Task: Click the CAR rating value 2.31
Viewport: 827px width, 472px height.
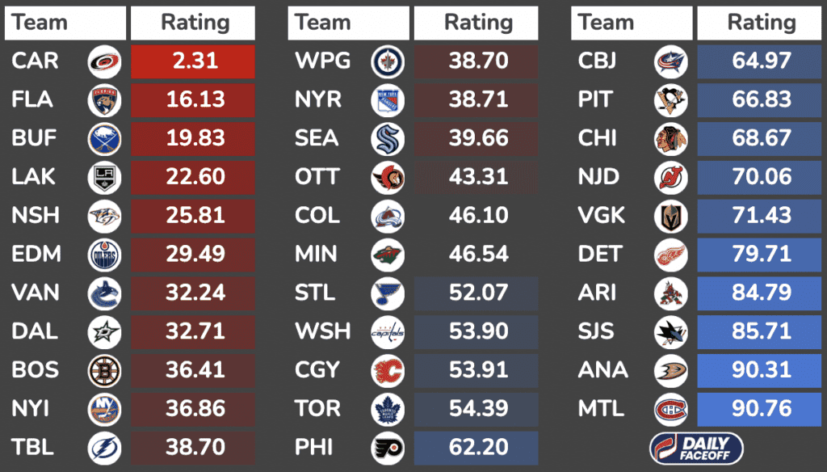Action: [194, 61]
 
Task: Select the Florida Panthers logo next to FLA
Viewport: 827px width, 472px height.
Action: [104, 100]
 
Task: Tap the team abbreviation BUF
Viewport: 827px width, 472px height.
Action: [34, 138]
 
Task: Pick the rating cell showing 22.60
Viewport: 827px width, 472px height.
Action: [194, 177]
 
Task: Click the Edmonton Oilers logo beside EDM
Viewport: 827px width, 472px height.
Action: [104, 255]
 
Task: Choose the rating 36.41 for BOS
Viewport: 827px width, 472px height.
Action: [194, 370]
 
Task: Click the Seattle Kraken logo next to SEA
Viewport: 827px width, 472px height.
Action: [388, 138]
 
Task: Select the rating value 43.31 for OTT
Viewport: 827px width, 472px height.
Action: [478, 177]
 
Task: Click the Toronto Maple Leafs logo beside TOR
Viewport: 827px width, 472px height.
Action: [388, 408]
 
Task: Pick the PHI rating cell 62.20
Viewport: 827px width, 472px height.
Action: [478, 447]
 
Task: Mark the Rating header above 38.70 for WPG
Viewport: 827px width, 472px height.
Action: [478, 23]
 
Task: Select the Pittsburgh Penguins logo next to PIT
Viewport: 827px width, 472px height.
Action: [671, 100]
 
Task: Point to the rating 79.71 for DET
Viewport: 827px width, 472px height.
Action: [761, 255]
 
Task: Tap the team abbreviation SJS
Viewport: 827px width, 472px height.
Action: [597, 331]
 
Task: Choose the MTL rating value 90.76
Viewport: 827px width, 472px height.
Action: [761, 408]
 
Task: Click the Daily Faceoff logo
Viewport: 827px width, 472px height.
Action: [696, 447]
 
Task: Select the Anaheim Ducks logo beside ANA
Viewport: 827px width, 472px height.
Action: [671, 370]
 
